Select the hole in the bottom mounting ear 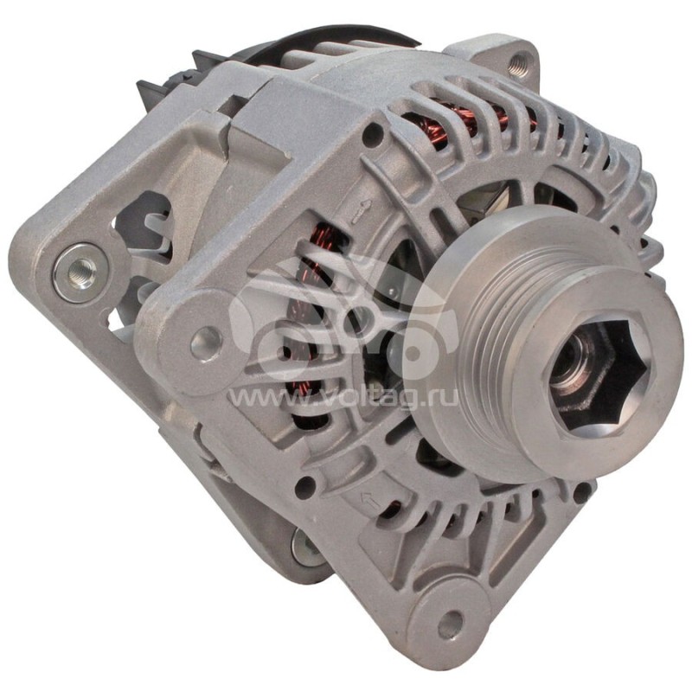[x=448, y=625]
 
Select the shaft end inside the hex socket [x=581, y=368]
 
